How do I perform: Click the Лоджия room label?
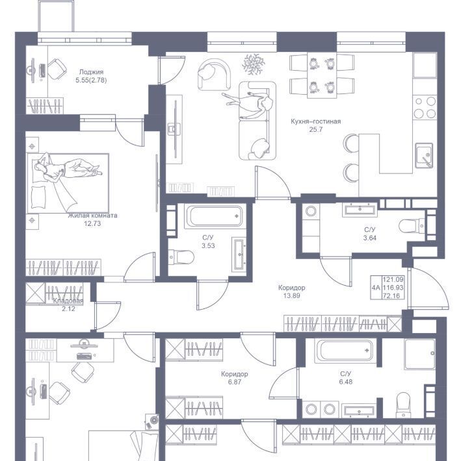pos(91,71)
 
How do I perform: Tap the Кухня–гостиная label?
pos(315,121)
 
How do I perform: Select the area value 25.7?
pos(315,129)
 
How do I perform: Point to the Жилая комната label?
pos(92,216)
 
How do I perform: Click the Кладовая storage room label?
pos(68,301)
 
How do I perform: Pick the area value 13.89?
pos(291,296)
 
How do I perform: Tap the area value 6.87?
pos(234,382)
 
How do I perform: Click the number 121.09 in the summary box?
pos(393,279)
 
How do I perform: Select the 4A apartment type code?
pos(376,288)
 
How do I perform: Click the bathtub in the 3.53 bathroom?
pos(215,216)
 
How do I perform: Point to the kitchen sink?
pos(424,155)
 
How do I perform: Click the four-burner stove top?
pos(425,107)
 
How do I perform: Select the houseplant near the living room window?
pos(253,64)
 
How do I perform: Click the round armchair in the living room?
pos(214,75)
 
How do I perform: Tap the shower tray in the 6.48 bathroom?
pos(420,354)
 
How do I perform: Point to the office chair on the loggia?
pos(57,69)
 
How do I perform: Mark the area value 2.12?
pos(68,308)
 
